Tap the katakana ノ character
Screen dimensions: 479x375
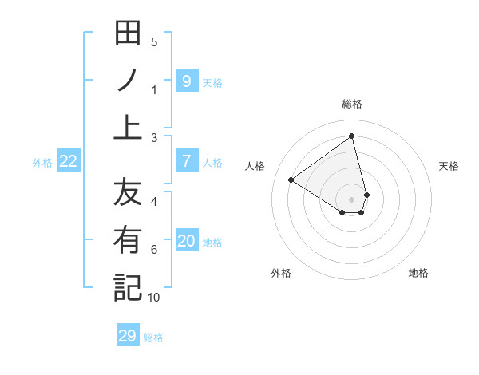[127, 80]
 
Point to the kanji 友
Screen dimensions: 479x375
[127, 192]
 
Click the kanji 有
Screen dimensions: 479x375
[127, 239]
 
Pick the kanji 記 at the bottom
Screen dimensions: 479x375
[127, 287]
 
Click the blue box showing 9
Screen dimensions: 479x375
[186, 81]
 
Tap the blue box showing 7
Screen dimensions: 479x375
[186, 161]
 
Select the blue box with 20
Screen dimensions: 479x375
[186, 241]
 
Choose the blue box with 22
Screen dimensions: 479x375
[69, 161]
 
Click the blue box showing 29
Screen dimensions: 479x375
[127, 336]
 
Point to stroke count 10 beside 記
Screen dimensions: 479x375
[154, 298]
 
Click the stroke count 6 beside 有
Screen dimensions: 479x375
[154, 250]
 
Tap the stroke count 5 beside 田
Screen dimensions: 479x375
[154, 42]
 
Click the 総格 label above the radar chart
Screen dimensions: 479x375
[352, 104]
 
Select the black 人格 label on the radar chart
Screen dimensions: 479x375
[255, 166]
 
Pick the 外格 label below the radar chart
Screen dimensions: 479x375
[281, 273]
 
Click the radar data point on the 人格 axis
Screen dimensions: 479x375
[291, 180]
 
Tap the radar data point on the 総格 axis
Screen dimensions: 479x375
[352, 136]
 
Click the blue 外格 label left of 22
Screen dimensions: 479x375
[42, 162]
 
